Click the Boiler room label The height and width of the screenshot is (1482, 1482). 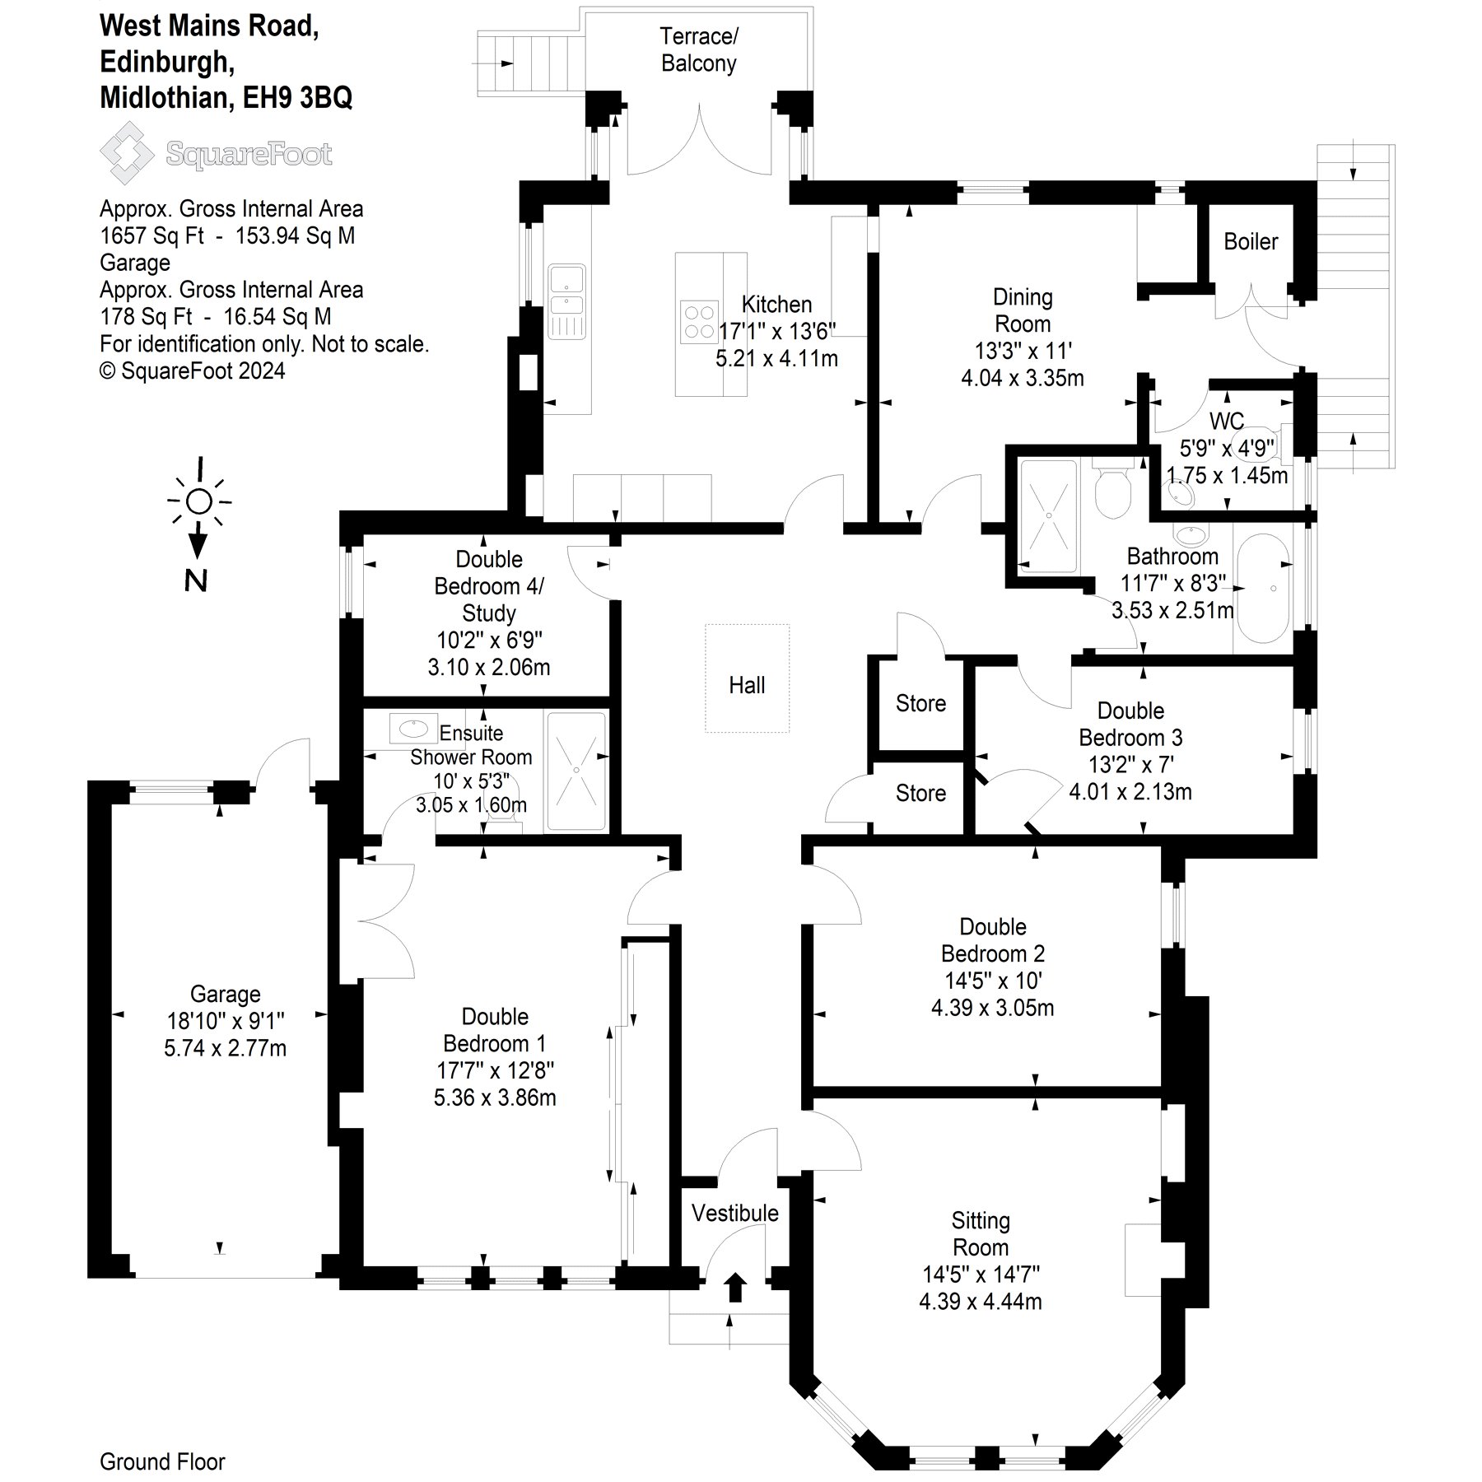pyautogui.click(x=1251, y=241)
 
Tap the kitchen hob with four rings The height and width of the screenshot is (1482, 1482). pyautogui.click(x=699, y=322)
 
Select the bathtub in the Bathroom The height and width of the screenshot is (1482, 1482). pyautogui.click(x=1264, y=589)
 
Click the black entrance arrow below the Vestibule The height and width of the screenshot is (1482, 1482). pyautogui.click(x=735, y=1287)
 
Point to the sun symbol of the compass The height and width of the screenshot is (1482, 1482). pyautogui.click(x=199, y=501)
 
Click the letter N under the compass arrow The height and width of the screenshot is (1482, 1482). pyautogui.click(x=196, y=581)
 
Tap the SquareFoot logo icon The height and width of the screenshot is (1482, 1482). pyautogui.click(x=126, y=153)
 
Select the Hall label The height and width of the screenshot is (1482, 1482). pyautogui.click(x=747, y=685)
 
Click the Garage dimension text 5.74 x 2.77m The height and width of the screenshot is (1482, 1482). pyautogui.click(x=225, y=1048)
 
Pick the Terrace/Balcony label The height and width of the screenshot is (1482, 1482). pyautogui.click(x=698, y=49)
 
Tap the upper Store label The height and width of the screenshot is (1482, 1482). pyautogui.click(x=920, y=703)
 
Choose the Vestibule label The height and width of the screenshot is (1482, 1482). pyautogui.click(x=734, y=1213)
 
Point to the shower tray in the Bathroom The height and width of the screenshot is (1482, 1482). pyautogui.click(x=1048, y=515)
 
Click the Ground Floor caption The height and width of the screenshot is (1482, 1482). pyautogui.click(x=162, y=1461)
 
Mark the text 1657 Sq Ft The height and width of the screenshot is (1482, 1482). pyautogui.click(x=151, y=235)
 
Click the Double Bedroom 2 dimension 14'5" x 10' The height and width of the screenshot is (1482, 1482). pyautogui.click(x=992, y=981)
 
